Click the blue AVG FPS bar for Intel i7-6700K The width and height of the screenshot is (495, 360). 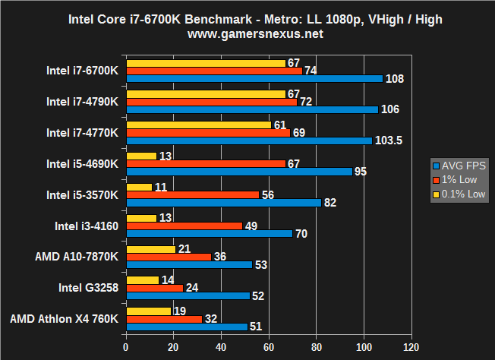(255, 78)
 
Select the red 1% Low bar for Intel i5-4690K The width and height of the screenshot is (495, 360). (206, 163)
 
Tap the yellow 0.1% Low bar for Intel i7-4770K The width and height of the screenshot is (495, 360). (198, 125)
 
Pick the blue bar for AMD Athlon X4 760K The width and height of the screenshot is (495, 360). (187, 327)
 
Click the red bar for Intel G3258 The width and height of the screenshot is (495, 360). (154, 288)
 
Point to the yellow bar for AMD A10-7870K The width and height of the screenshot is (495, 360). (150, 249)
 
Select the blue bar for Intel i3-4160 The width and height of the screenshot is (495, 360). (209, 233)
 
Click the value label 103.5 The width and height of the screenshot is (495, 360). (389, 141)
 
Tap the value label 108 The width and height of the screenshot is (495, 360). (395, 78)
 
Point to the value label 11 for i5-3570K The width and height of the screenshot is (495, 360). (162, 187)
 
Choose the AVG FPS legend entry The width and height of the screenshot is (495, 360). (459, 166)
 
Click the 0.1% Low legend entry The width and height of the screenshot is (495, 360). (459, 193)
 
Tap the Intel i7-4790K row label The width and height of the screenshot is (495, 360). (82, 101)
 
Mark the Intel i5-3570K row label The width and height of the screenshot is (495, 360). (82, 194)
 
